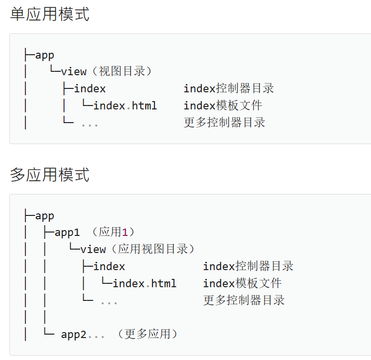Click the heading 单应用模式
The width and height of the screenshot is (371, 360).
coord(50,15)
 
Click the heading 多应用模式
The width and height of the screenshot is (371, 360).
coord(50,175)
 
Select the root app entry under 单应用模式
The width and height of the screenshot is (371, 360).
coord(44,55)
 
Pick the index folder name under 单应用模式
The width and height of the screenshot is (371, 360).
coord(90,89)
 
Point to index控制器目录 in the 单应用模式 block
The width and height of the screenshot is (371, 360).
coord(229,89)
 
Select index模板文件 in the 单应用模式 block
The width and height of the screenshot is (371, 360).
coord(223,106)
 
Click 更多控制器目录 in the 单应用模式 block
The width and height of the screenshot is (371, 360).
coord(224,123)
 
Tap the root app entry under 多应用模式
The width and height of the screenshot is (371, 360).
coord(44,216)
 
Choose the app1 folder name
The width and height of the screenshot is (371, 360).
coord(67,233)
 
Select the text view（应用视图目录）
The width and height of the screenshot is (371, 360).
coord(138,249)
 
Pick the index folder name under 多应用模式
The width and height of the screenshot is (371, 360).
coord(109,266)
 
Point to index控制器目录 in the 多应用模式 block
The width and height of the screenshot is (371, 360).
coord(248,266)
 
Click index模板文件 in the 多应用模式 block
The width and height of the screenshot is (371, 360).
coord(242,283)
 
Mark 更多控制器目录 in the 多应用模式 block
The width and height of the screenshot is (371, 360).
coord(244,300)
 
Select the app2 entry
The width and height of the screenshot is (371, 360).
coord(74,335)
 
